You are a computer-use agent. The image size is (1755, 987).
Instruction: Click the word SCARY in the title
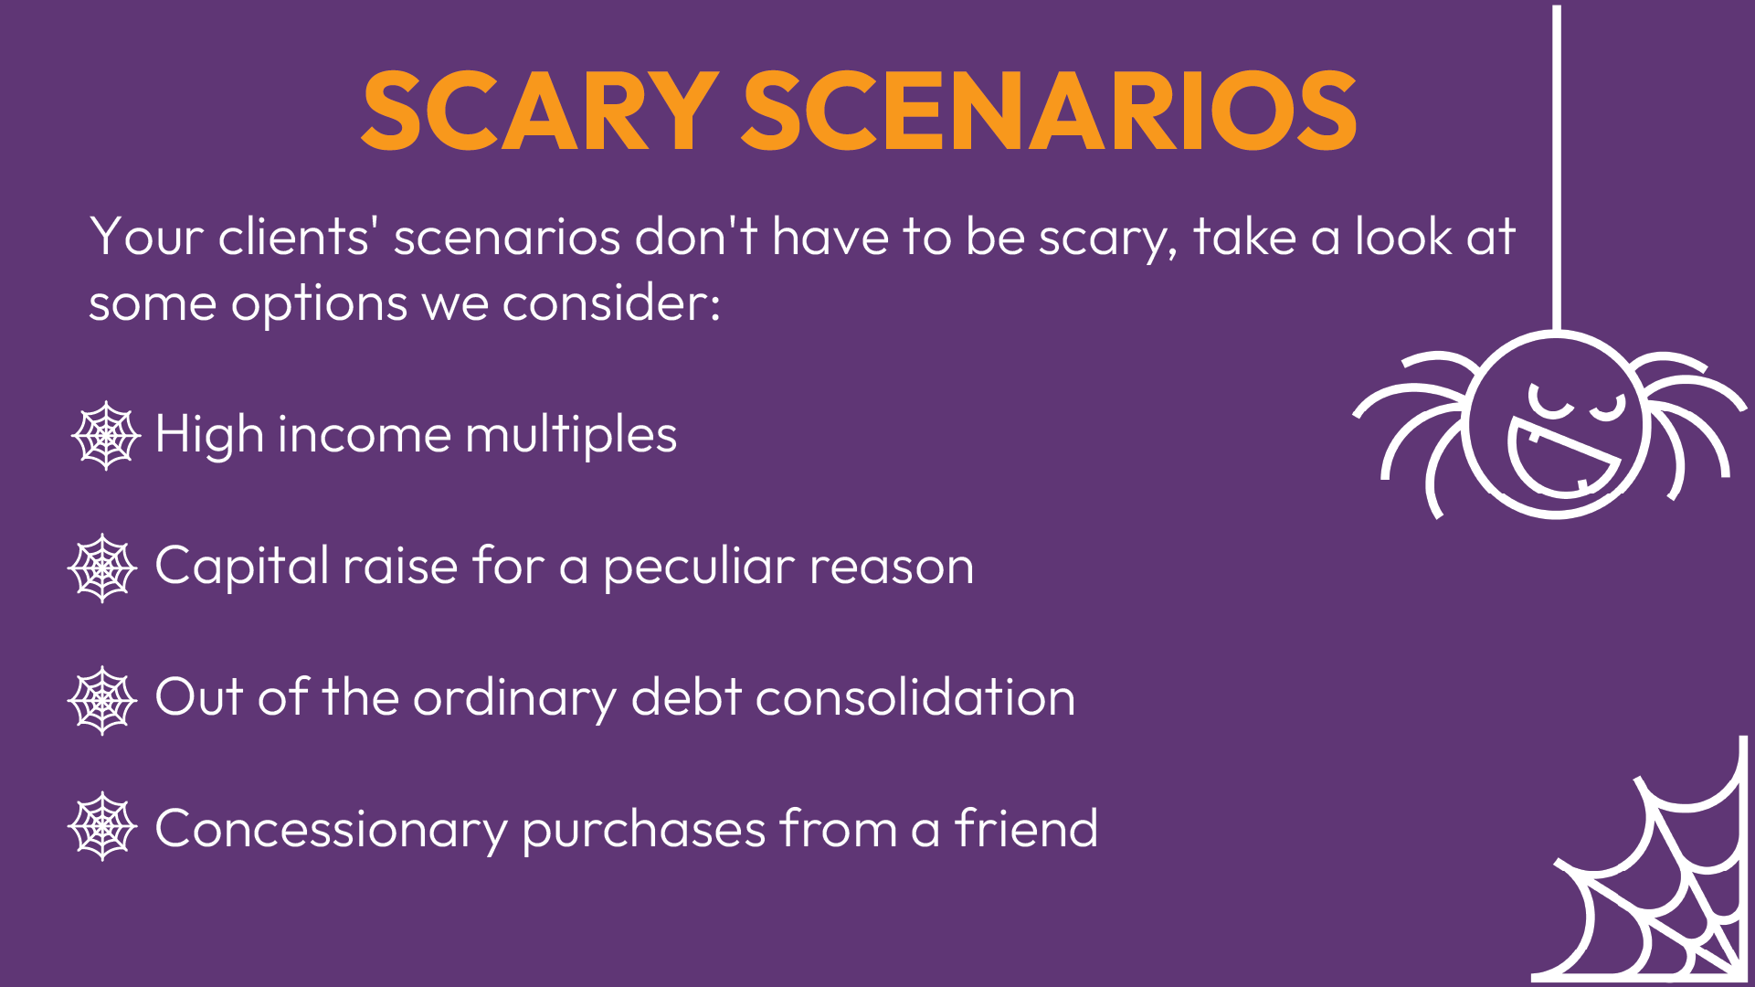(x=539, y=111)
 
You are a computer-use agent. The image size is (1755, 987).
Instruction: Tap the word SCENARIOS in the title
(x=1049, y=111)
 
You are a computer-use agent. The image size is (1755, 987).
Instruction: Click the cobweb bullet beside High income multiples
(x=106, y=435)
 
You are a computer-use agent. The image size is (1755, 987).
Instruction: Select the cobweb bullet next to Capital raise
(x=102, y=568)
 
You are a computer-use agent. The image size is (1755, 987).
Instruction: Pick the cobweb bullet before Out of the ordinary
(x=102, y=700)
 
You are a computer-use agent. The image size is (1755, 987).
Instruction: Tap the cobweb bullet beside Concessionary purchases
(x=102, y=826)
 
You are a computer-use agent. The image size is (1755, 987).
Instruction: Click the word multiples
(x=571, y=435)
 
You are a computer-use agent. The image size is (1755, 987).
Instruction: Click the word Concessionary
(x=331, y=830)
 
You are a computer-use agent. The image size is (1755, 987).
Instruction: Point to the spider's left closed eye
(x=1550, y=402)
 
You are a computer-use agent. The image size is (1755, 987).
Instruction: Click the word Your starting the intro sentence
(x=146, y=238)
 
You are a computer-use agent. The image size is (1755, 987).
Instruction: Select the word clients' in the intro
(x=293, y=238)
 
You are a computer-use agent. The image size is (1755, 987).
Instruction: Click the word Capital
(x=241, y=568)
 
